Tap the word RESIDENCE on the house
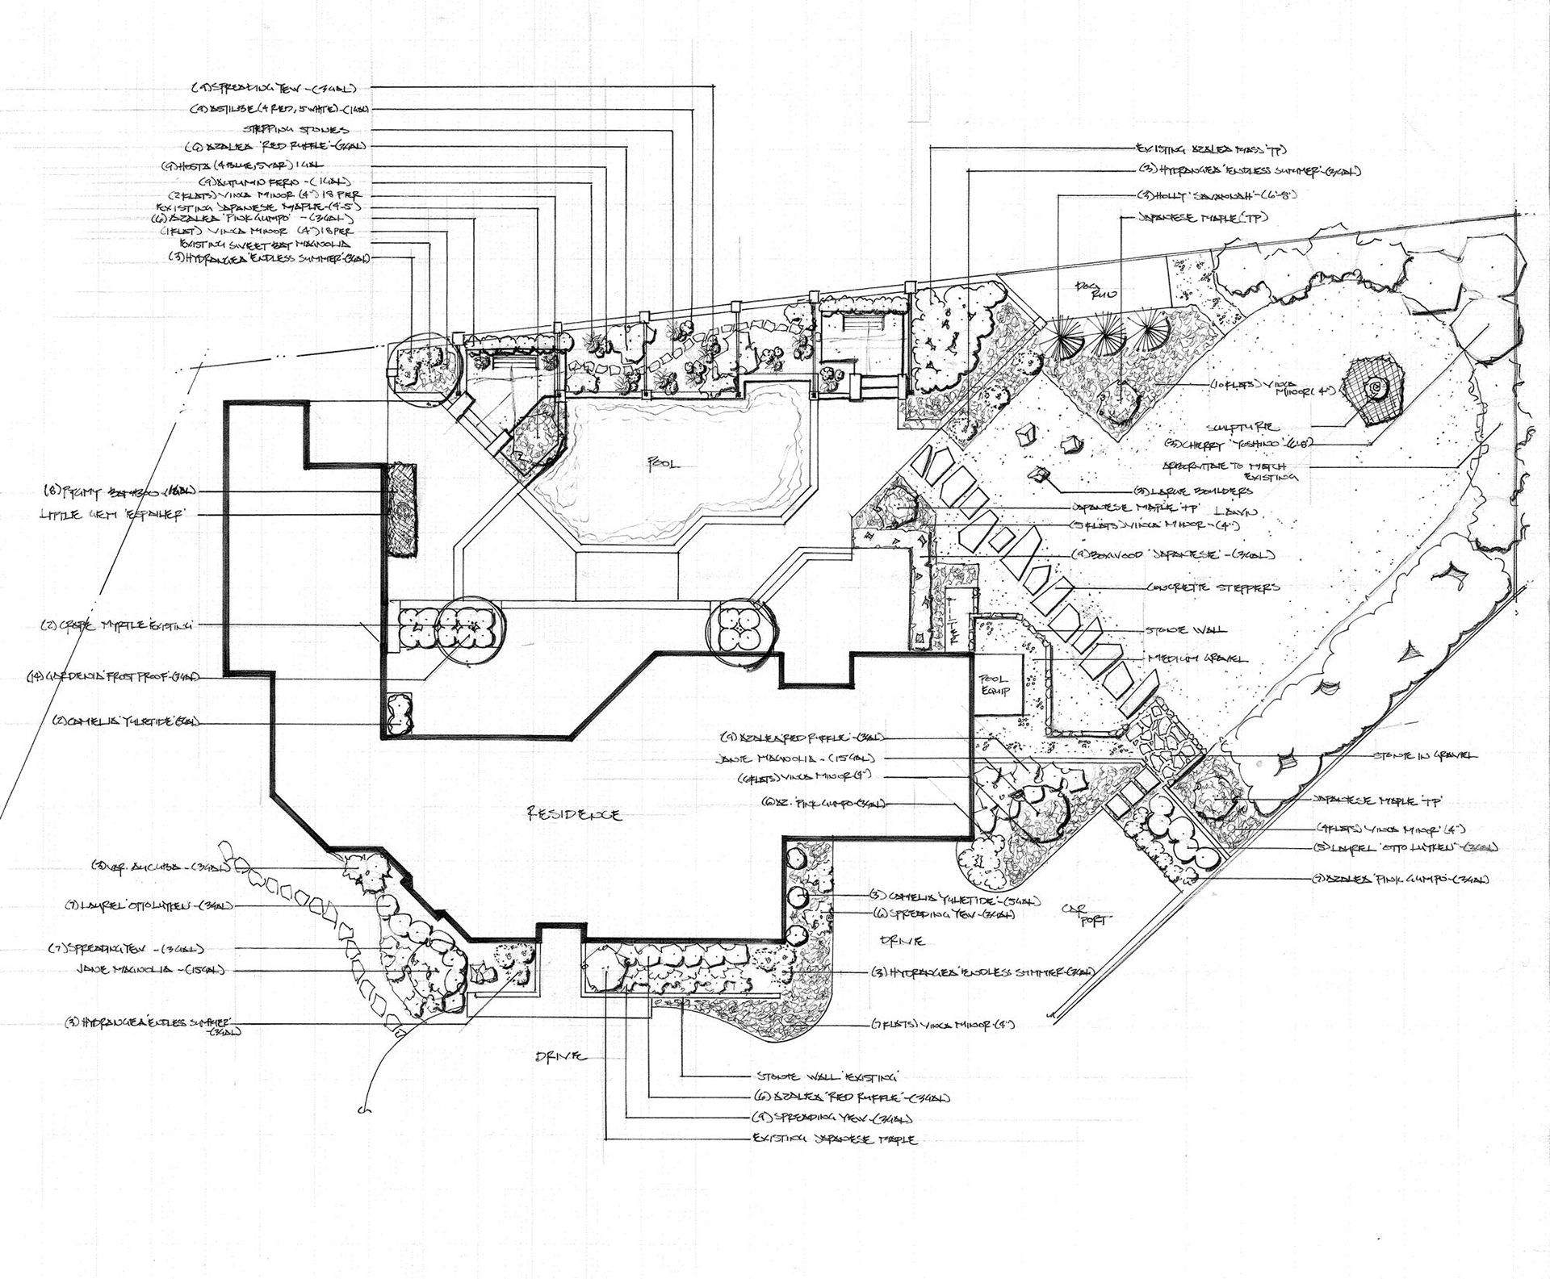pos(575,815)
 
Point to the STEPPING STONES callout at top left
pos(295,129)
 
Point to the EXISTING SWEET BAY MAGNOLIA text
pos(276,243)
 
